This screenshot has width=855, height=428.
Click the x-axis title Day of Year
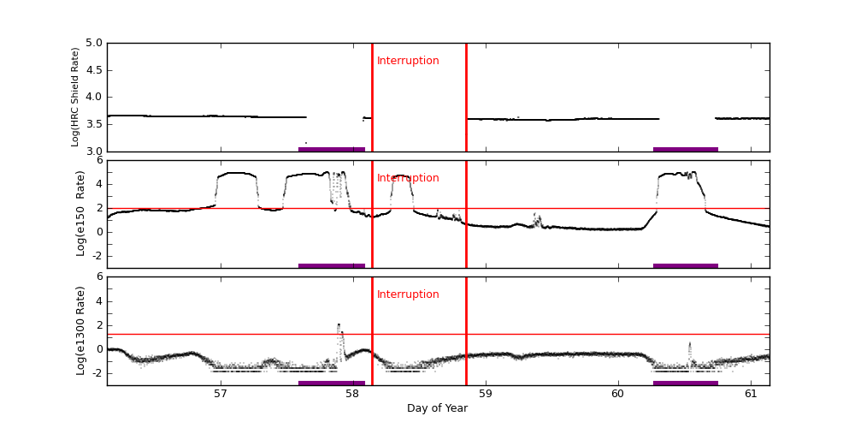pos(437,408)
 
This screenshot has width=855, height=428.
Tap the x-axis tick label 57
pos(220,394)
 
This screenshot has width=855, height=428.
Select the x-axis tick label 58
pos(352,394)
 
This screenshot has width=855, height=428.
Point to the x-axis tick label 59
pos(486,394)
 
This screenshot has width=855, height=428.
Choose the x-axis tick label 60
pos(618,394)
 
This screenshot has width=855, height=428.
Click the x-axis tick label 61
pos(751,394)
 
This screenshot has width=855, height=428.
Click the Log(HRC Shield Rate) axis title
pos(75,97)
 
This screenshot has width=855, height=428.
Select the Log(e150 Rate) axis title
pos(80,213)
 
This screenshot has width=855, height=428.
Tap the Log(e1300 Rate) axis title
pos(80,330)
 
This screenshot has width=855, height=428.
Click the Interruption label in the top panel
pos(408,61)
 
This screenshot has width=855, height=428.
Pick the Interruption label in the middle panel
pos(408,178)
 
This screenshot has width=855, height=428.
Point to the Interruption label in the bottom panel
pos(408,294)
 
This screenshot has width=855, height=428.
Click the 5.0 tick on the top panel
pos(93,43)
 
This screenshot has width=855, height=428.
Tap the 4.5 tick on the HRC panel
pos(93,70)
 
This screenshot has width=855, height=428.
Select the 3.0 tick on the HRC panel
pos(93,152)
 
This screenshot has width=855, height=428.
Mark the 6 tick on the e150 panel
pos(99,160)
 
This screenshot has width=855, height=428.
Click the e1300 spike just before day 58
pos(339,325)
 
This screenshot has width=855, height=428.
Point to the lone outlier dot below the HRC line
pos(306,143)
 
